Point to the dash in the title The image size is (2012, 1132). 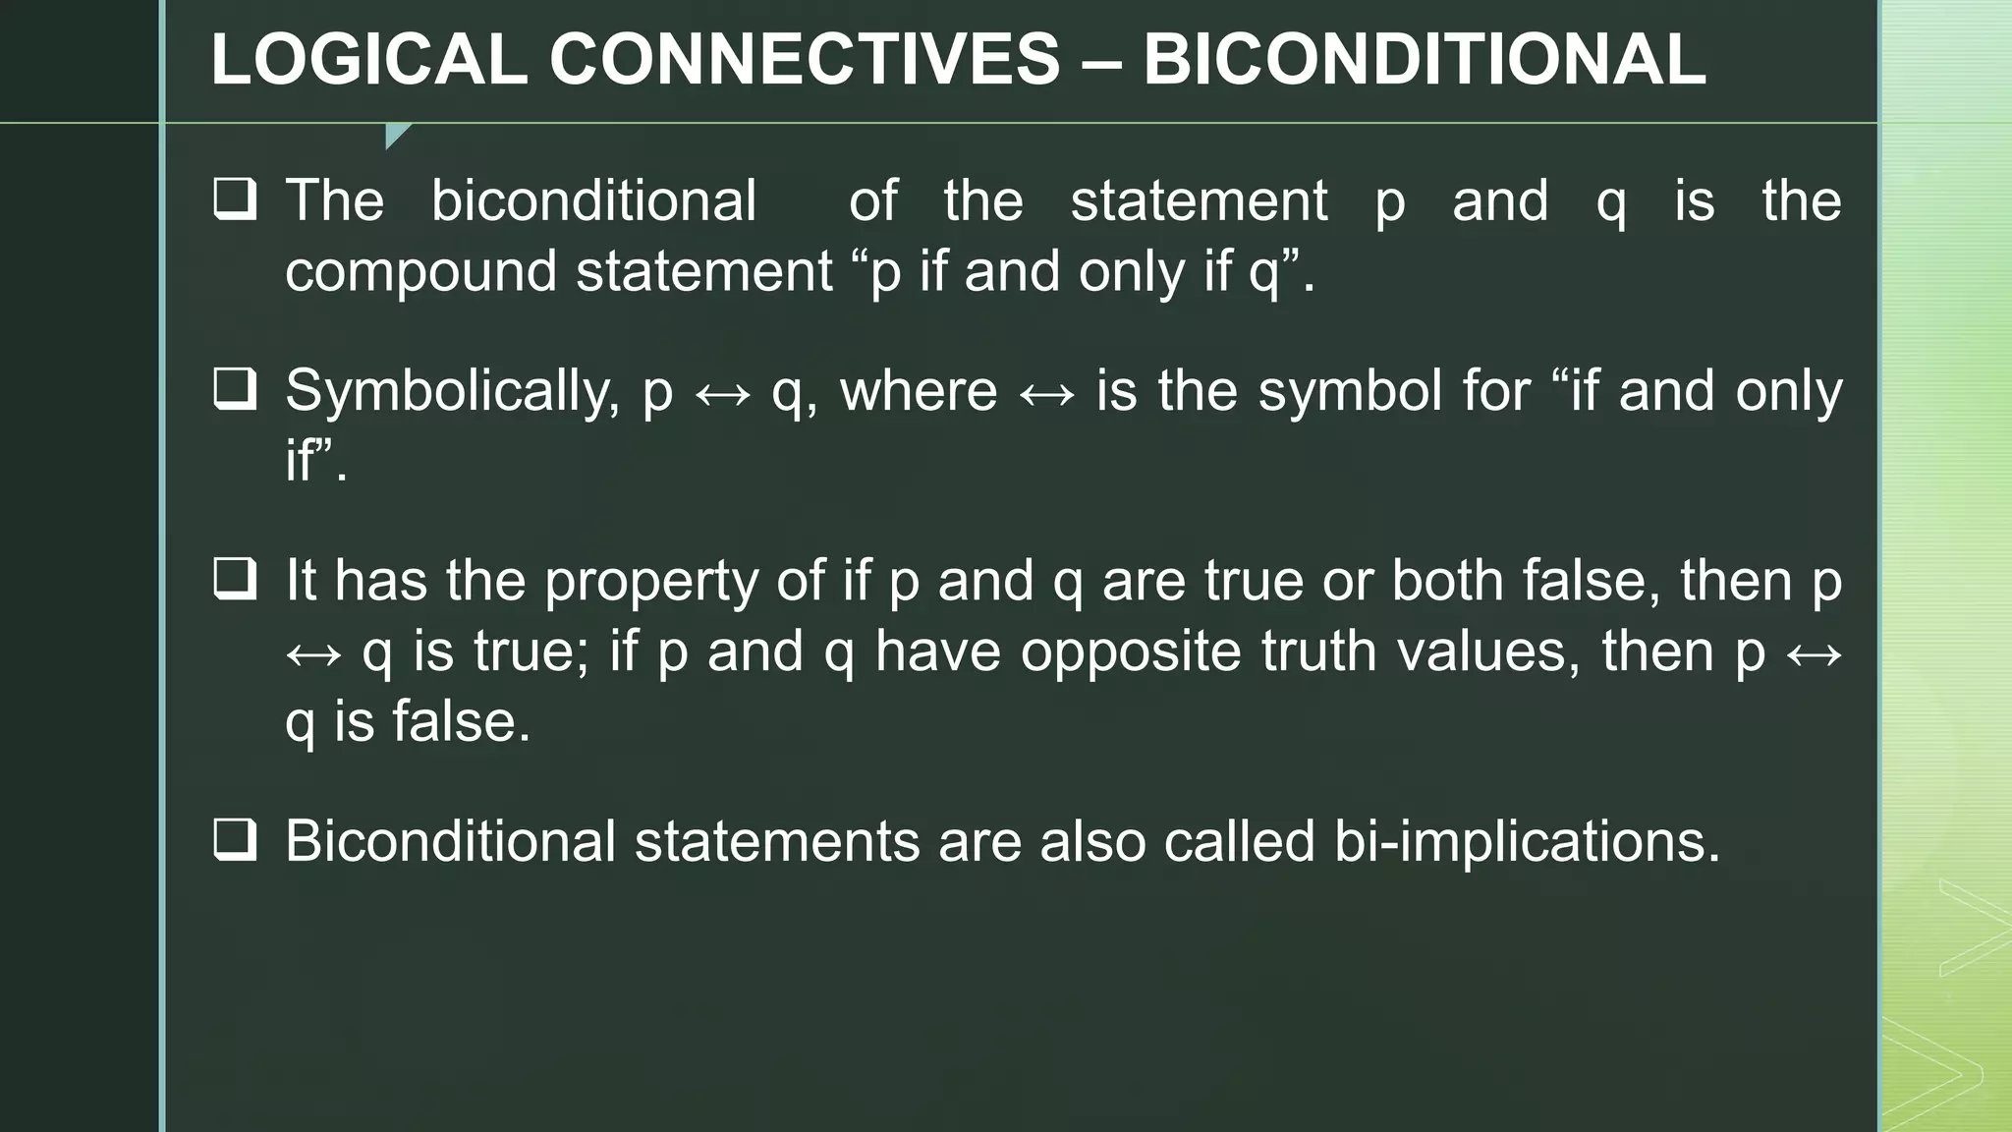1101,61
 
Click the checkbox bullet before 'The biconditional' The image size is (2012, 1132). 235,199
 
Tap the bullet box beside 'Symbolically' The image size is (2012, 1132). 235,389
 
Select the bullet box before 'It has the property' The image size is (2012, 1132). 235,579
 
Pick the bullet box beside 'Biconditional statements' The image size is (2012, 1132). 235,840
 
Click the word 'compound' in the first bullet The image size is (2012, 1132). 420,271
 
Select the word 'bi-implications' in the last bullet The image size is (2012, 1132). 1527,842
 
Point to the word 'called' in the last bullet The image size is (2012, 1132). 1239,842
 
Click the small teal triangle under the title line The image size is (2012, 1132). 396,135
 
